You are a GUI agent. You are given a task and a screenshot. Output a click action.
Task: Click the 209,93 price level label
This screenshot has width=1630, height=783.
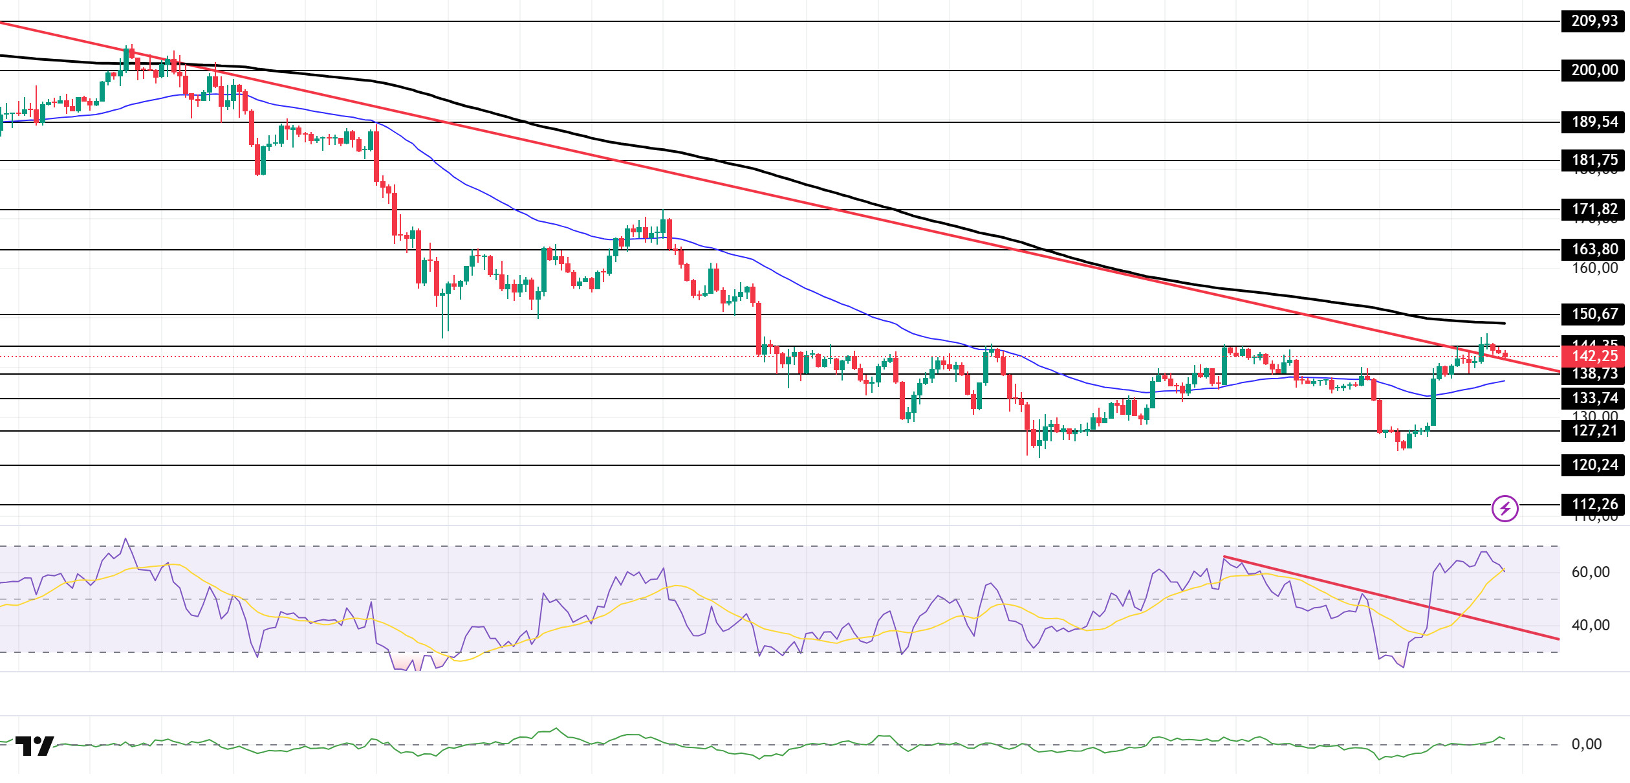click(x=1594, y=21)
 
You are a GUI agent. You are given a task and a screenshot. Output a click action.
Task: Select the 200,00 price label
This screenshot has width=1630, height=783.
click(x=1594, y=70)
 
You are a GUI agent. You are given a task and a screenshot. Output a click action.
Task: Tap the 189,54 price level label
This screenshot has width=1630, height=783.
click(x=1594, y=122)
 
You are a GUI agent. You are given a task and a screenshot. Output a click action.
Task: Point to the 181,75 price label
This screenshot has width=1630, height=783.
click(x=1594, y=160)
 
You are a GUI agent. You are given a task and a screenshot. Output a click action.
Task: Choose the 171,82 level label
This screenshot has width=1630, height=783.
click(x=1594, y=209)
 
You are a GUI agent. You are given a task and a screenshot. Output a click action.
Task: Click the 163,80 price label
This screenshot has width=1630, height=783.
click(x=1594, y=249)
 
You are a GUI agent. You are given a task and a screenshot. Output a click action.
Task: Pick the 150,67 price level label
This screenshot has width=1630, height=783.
click(x=1594, y=314)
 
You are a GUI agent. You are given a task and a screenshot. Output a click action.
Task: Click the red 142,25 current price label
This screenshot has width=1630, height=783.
click(x=1594, y=356)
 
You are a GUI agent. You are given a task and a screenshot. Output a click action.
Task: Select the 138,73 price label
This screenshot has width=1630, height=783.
click(x=1594, y=373)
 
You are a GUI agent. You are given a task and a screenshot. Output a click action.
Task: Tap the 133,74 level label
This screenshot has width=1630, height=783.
click(x=1594, y=398)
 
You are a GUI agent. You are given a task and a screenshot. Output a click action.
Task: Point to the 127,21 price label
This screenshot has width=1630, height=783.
click(x=1594, y=430)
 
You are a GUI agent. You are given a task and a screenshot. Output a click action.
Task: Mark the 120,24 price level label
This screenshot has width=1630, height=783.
click(x=1594, y=465)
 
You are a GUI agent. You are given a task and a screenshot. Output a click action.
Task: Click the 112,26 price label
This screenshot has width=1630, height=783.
click(x=1594, y=504)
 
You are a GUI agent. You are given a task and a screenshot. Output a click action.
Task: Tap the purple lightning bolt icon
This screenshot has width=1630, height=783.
click(x=1505, y=509)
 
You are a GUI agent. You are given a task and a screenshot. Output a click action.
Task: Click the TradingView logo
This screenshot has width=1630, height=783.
click(x=35, y=745)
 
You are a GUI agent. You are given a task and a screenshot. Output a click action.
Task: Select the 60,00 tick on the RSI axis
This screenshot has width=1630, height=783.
click(x=1591, y=572)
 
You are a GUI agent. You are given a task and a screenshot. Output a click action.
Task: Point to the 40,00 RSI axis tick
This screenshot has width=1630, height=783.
click(x=1591, y=625)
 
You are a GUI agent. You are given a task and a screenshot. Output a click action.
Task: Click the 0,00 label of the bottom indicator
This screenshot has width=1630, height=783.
click(x=1587, y=744)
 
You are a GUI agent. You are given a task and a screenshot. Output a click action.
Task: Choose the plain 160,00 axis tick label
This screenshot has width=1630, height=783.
click(x=1594, y=268)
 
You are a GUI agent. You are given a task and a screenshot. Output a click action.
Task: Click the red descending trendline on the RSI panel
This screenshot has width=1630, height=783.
click(x=1391, y=598)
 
